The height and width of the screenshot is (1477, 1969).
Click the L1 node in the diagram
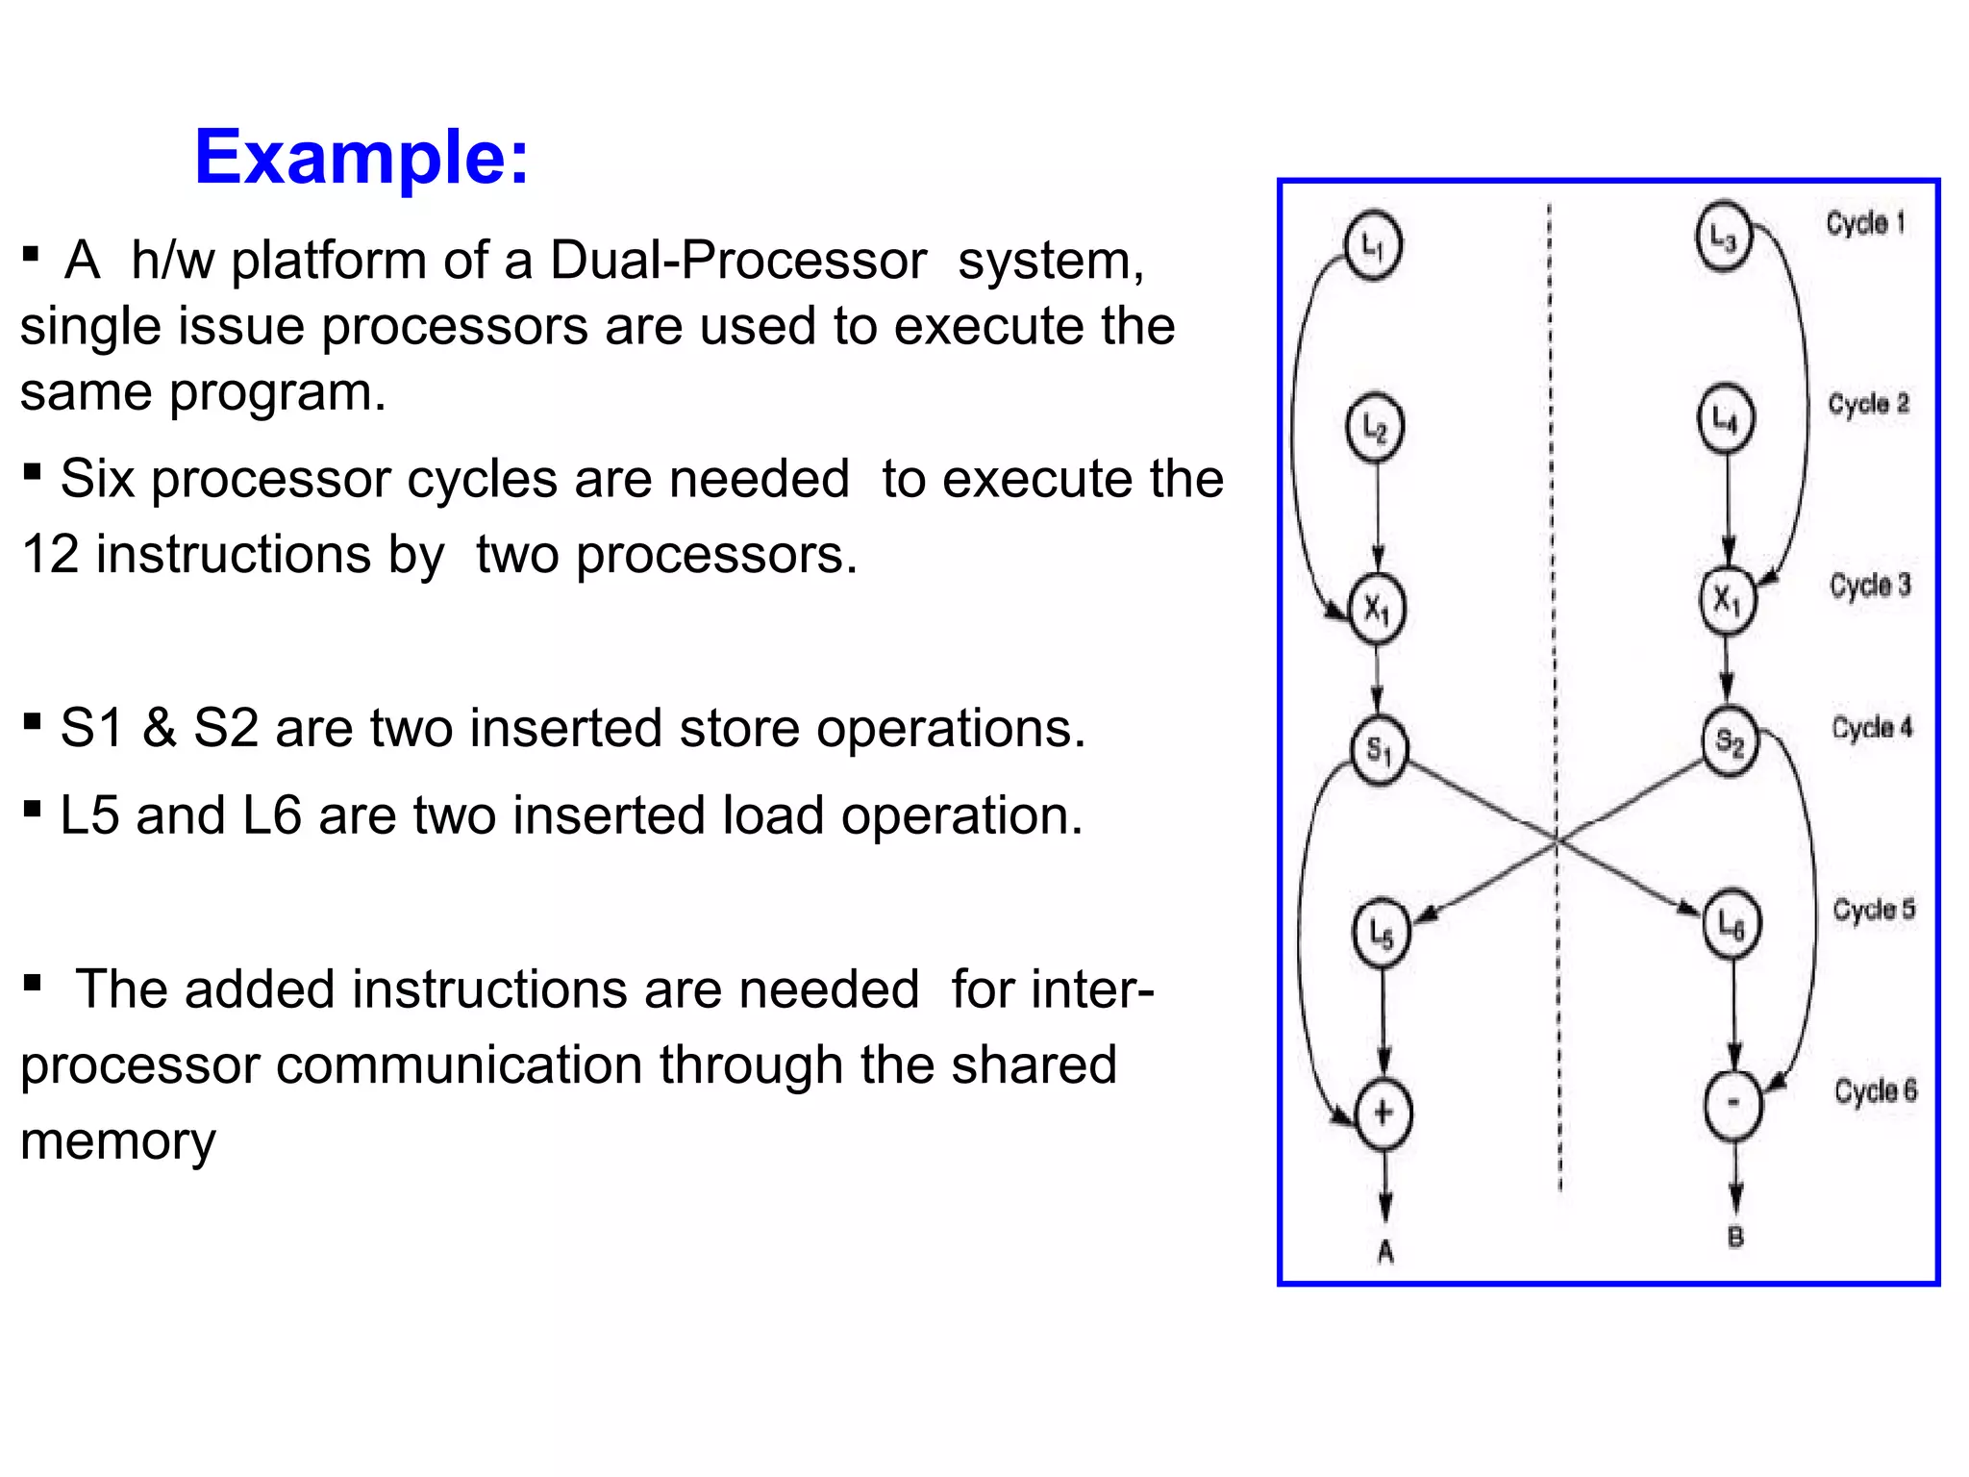(x=1372, y=246)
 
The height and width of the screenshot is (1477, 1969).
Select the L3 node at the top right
(x=1724, y=237)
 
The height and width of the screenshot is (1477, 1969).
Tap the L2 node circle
(x=1375, y=427)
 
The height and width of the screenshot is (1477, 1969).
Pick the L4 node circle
(x=1726, y=418)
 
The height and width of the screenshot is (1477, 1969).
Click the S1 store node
(x=1379, y=750)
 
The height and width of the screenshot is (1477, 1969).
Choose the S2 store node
(x=1730, y=741)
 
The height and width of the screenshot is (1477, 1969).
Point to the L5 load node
(x=1382, y=931)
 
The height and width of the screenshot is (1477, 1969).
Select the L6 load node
(x=1732, y=924)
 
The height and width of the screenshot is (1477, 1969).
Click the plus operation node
(x=1383, y=1114)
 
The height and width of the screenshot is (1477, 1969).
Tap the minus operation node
(x=1732, y=1104)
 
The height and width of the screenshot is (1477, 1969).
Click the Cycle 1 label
(x=1865, y=224)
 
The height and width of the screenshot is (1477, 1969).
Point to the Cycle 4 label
(x=1872, y=728)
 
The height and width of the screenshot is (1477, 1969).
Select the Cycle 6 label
(x=1875, y=1090)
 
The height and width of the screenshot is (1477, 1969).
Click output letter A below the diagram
(x=1385, y=1251)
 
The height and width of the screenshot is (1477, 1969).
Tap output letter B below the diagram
(x=1735, y=1237)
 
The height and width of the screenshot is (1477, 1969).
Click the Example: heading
(x=361, y=157)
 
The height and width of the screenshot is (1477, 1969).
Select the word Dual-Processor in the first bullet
(x=738, y=261)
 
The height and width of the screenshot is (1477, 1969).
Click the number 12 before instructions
(x=50, y=555)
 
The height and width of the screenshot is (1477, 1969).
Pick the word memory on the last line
(x=117, y=1141)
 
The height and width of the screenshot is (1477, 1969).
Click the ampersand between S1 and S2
(x=160, y=728)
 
